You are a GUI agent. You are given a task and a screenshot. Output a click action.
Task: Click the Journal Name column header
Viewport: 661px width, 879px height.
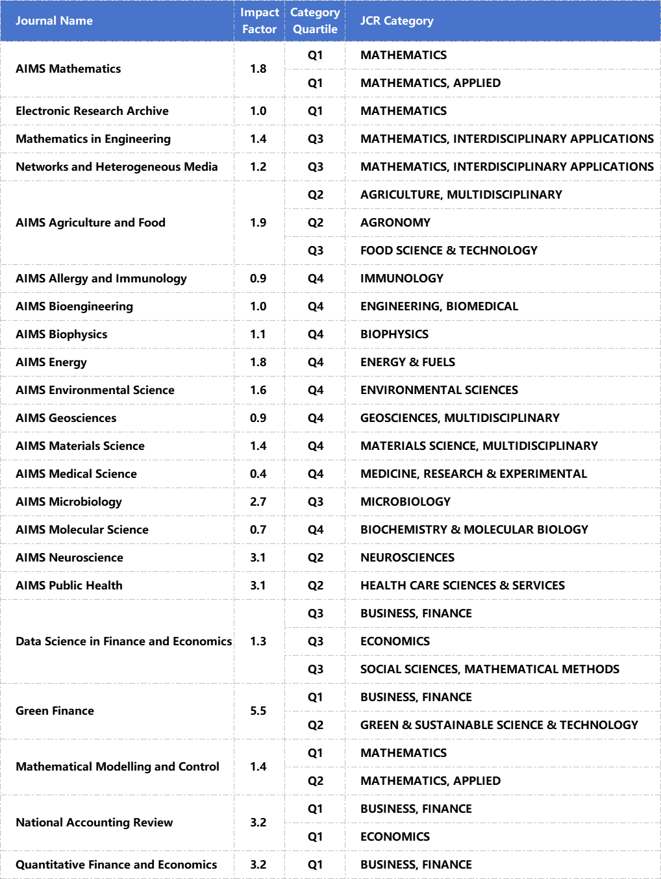54,21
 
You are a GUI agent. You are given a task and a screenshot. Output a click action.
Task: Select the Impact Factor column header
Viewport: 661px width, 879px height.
259,21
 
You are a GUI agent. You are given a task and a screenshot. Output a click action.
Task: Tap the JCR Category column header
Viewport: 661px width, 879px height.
397,21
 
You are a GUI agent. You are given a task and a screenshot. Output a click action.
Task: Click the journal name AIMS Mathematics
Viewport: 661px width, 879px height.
68,69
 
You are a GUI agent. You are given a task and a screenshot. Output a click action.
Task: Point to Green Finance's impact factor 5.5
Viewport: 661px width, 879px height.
258,711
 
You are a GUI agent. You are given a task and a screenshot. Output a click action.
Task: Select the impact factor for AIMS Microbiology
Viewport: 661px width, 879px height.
258,502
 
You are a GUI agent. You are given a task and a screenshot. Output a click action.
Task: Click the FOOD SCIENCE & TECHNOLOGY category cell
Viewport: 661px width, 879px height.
449,251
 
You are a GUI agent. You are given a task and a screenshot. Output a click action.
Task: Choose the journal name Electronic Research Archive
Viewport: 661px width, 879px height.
92,111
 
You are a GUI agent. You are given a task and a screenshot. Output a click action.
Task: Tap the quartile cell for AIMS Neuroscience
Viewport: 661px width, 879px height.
315,558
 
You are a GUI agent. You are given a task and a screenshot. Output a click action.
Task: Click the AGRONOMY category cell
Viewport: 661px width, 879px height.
395,223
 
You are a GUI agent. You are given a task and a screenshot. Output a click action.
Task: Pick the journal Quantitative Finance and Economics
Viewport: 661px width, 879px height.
116,865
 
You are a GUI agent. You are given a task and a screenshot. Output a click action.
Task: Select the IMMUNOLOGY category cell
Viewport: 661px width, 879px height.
402,279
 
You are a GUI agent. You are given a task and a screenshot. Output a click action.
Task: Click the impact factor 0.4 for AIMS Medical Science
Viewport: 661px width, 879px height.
258,474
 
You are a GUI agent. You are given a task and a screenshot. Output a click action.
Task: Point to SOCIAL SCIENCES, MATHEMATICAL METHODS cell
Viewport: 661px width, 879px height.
490,669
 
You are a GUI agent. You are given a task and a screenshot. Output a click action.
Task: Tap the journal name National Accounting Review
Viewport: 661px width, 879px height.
94,823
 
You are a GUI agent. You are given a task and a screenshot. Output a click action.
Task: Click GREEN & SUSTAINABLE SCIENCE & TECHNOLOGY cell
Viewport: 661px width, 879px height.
499,725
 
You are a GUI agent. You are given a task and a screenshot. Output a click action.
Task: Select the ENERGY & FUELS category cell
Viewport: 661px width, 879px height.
408,362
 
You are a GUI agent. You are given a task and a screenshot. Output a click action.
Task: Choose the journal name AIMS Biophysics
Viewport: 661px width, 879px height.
62,334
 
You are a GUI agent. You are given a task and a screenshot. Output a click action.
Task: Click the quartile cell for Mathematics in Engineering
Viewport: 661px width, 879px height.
315,139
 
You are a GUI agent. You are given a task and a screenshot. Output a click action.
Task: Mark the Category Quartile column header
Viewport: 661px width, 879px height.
315,21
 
